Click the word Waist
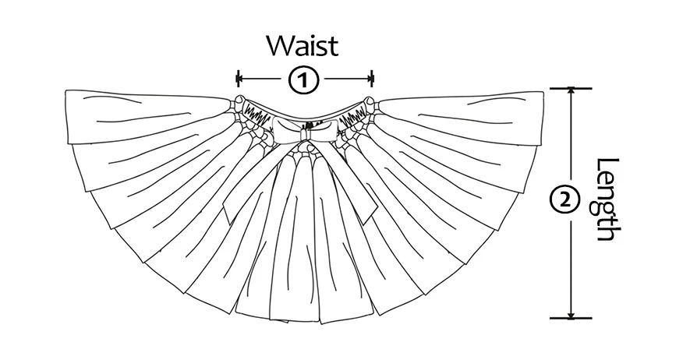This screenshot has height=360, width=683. [x=303, y=45]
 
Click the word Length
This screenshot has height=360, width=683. [x=607, y=200]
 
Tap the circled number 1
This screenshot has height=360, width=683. [x=305, y=79]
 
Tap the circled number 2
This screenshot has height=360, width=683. [x=564, y=201]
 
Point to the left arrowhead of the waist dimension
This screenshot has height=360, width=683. [x=242, y=79]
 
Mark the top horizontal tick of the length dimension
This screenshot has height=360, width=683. [x=572, y=88]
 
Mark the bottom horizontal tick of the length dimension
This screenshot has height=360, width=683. [x=572, y=318]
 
